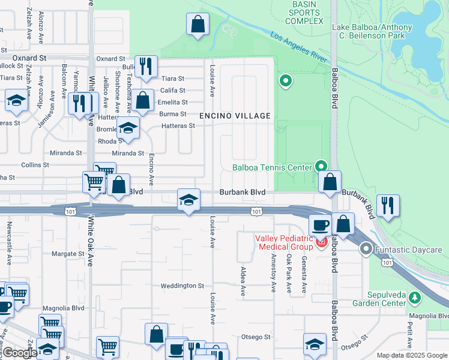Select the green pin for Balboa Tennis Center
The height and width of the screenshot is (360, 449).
pos(322,165)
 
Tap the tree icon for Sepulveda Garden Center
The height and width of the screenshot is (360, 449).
pos(414,297)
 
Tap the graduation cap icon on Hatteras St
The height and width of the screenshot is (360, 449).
pos(127,127)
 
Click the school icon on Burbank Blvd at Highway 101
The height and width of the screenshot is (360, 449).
pos(188,200)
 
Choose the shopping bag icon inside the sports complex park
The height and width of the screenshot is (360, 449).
pos(197,25)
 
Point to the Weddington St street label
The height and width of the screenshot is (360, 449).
pos(183,286)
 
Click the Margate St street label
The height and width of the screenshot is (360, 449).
pos(67,254)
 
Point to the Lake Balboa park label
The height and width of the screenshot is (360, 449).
pos(372,31)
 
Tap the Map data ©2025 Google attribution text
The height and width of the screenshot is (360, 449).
pos(411,355)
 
